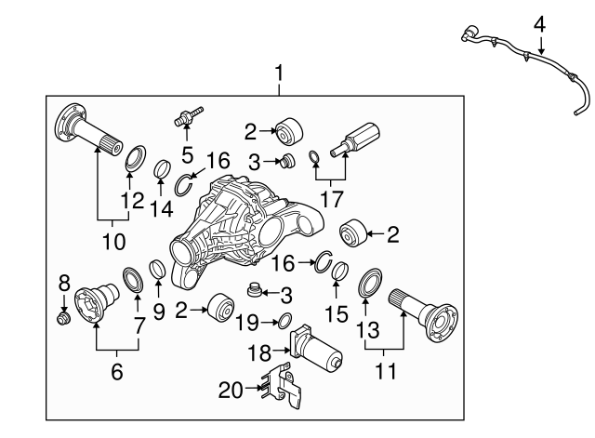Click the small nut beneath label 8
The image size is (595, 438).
[x=64, y=319]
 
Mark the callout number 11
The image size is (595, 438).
[x=384, y=372]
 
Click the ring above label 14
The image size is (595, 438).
[x=161, y=170]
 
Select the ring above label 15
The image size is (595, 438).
[x=339, y=272]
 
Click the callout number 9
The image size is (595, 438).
[x=159, y=313]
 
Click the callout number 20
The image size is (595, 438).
[x=230, y=389]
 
